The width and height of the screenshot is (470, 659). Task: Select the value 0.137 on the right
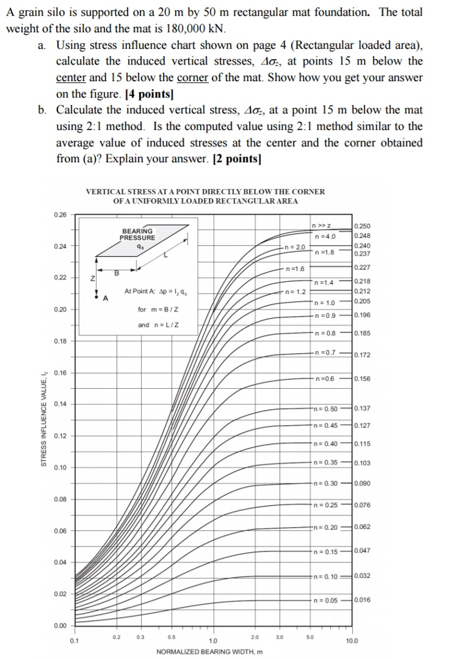(362, 409)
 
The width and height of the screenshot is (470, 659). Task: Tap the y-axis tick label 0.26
(60, 215)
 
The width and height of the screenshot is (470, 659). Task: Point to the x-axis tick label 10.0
(352, 641)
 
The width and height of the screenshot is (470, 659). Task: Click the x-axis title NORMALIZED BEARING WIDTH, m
(210, 651)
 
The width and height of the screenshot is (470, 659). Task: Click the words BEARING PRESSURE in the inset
(136, 234)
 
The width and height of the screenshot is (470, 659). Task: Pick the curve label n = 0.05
(324, 600)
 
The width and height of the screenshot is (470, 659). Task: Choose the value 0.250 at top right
(362, 227)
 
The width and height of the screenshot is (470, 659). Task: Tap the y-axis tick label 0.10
(60, 467)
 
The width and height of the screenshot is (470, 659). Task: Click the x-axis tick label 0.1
(75, 641)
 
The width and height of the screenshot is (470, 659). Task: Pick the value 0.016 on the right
(362, 600)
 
